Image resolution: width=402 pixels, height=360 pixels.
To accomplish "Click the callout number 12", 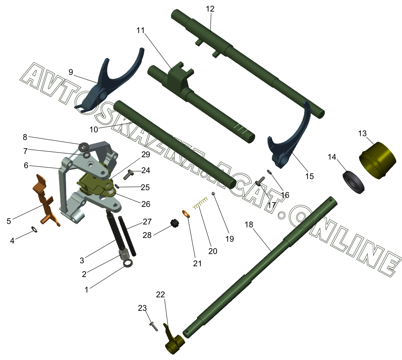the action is (x=210, y=9).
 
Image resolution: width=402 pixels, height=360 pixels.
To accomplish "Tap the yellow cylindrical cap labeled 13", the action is (x=377, y=160).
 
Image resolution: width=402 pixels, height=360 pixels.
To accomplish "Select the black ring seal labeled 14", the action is (x=354, y=182).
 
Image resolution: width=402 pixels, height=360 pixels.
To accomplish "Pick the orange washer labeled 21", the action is (x=186, y=214).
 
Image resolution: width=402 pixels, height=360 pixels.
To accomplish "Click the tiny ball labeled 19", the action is (x=213, y=194).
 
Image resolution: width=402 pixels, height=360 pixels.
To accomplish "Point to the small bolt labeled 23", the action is (x=154, y=326).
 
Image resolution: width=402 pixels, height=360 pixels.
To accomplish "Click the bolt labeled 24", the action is (x=128, y=175).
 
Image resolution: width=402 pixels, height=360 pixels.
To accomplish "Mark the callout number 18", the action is (x=249, y=224).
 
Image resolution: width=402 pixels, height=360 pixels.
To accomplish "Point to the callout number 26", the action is (x=146, y=204).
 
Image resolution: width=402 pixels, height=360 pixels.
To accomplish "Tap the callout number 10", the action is (x=94, y=129).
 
